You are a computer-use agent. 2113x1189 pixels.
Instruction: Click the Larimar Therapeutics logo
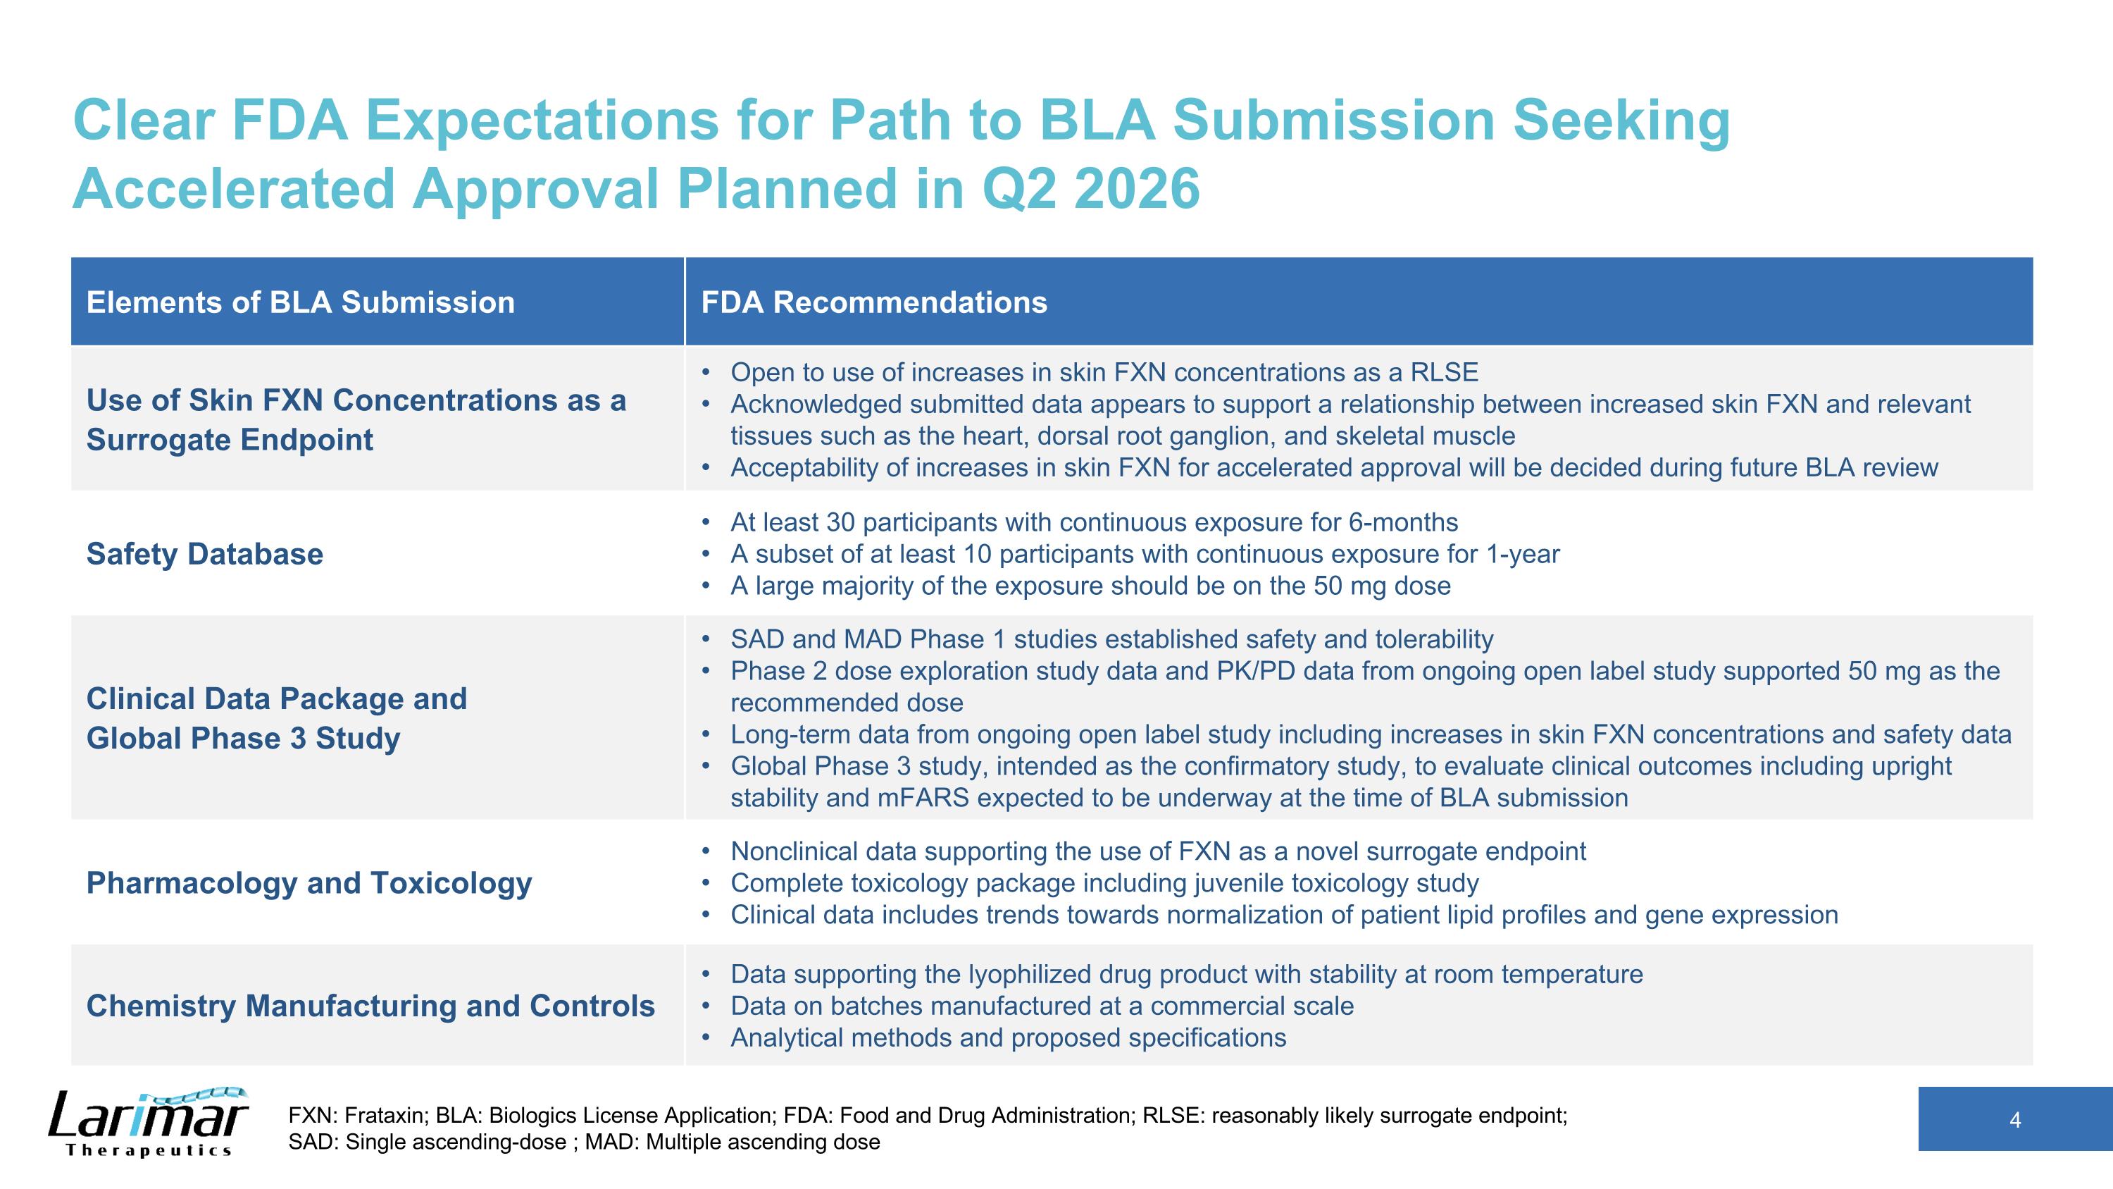148,1122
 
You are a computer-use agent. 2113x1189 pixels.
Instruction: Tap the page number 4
2014,1120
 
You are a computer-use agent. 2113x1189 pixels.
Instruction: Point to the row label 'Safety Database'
204,555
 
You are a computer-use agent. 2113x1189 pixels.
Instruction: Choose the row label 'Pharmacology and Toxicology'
308,884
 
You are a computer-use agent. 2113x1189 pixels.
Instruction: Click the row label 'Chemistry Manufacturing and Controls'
370,1006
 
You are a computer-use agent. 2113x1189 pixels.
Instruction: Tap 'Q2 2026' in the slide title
1090,189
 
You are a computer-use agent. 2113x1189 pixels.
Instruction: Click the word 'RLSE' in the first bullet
1444,374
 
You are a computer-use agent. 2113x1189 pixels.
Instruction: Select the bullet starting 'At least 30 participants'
1093,523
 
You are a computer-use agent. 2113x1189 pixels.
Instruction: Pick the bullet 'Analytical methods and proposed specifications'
1007,1038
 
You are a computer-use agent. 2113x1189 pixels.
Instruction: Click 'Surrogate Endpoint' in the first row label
230,441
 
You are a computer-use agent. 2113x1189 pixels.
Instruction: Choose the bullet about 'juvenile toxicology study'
1104,884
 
